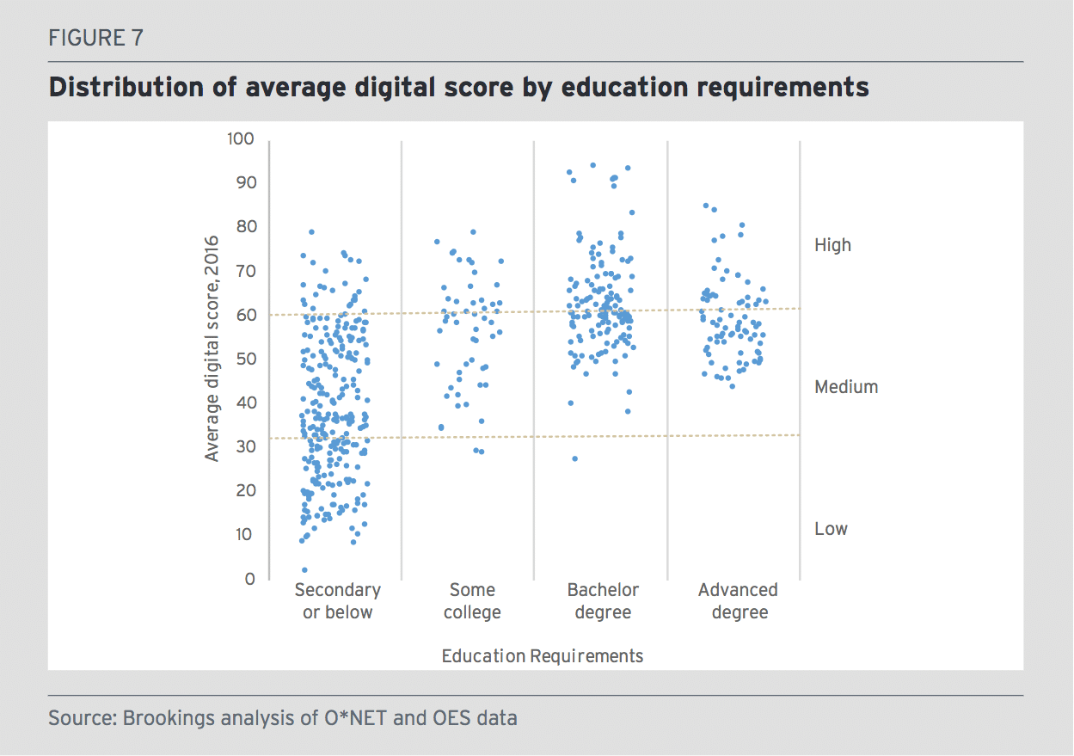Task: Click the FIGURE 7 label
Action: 95,38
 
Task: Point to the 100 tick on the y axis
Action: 243,138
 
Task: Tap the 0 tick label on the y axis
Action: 250,579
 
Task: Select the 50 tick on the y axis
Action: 246,359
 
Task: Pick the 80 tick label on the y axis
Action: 246,226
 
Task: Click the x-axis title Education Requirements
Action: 542,656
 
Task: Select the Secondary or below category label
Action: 337,601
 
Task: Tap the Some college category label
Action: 472,601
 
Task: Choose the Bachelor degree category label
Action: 603,601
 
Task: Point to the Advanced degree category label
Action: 739,601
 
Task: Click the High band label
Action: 832,245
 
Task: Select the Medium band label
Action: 846,387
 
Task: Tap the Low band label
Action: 831,529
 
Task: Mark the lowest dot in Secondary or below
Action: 304,570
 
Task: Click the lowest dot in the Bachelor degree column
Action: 575,458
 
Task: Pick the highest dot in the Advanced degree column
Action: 706,206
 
